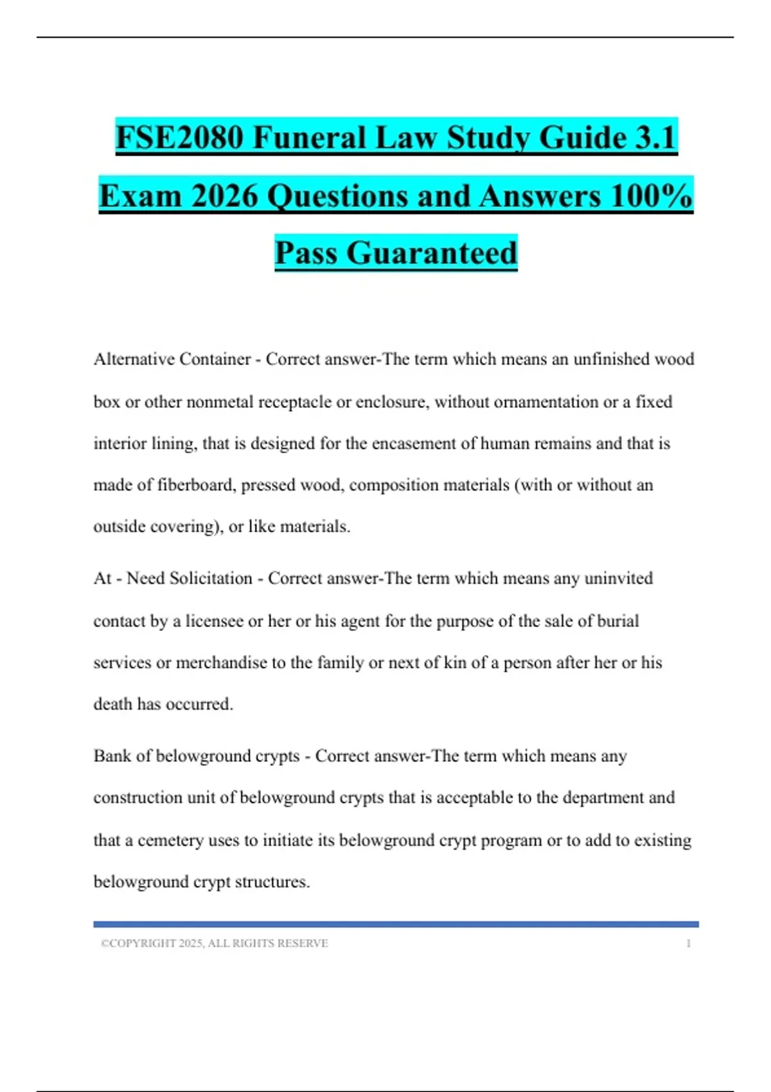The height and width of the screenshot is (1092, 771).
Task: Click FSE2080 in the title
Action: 179,137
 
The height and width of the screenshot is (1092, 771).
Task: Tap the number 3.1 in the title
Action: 655,137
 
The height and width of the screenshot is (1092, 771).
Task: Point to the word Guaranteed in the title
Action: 432,252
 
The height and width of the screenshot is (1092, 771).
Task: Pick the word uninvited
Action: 618,578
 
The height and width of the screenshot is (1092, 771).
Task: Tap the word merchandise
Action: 221,662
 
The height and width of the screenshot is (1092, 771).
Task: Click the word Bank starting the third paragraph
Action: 112,755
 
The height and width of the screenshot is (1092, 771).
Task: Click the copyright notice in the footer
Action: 214,943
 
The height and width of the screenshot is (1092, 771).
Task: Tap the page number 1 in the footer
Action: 688,943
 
